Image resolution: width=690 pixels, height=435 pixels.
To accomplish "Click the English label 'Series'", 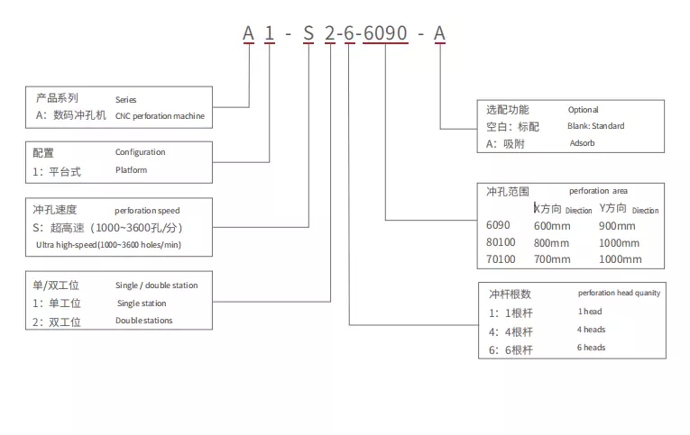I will (125, 99).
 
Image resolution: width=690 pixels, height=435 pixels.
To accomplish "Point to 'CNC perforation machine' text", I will (160, 116).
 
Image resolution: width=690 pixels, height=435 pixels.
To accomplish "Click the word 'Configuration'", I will (140, 152).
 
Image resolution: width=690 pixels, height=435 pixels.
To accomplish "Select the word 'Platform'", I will (131, 169).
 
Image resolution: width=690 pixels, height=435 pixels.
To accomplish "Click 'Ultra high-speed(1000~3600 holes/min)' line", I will (108, 245).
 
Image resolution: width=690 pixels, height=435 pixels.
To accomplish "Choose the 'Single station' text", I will (141, 304).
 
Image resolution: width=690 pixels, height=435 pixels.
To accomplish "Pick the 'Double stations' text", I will (143, 321).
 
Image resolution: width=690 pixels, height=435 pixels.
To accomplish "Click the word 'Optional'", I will (583, 110).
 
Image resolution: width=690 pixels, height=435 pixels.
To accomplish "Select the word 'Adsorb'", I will (584, 143).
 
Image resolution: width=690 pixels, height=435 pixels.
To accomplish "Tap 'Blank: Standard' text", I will (595, 126).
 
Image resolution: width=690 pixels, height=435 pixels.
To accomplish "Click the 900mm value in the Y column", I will (617, 226).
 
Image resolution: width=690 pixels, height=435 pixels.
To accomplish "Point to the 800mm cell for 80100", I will (551, 243).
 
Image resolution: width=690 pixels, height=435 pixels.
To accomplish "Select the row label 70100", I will (501, 259).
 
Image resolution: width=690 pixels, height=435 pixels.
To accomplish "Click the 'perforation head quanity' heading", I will (619, 293).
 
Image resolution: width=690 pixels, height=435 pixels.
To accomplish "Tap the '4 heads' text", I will (592, 330).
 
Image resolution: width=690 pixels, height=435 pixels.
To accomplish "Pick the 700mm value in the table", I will (551, 259).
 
